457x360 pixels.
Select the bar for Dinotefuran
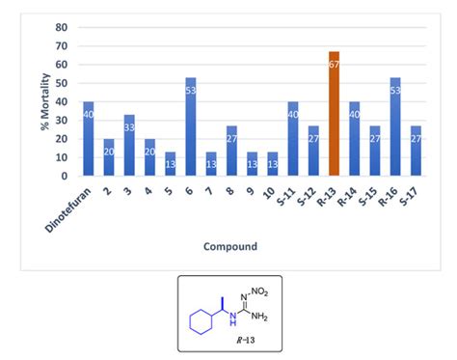tap(89, 139)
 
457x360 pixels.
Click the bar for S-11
tap(293, 139)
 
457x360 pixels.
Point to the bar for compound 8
tap(232, 152)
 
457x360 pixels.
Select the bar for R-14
tap(354, 139)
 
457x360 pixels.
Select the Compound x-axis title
tap(229, 247)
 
